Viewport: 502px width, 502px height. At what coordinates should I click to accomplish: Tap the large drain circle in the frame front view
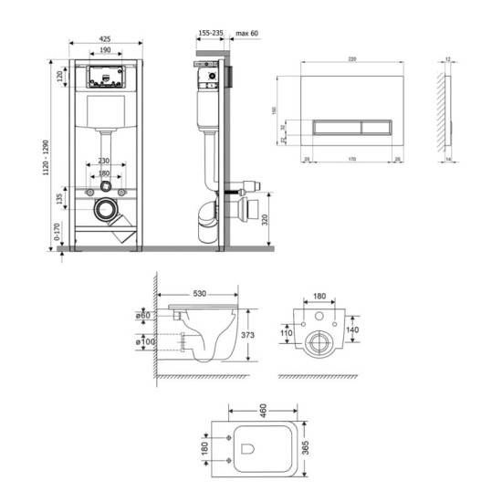point(109,213)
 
